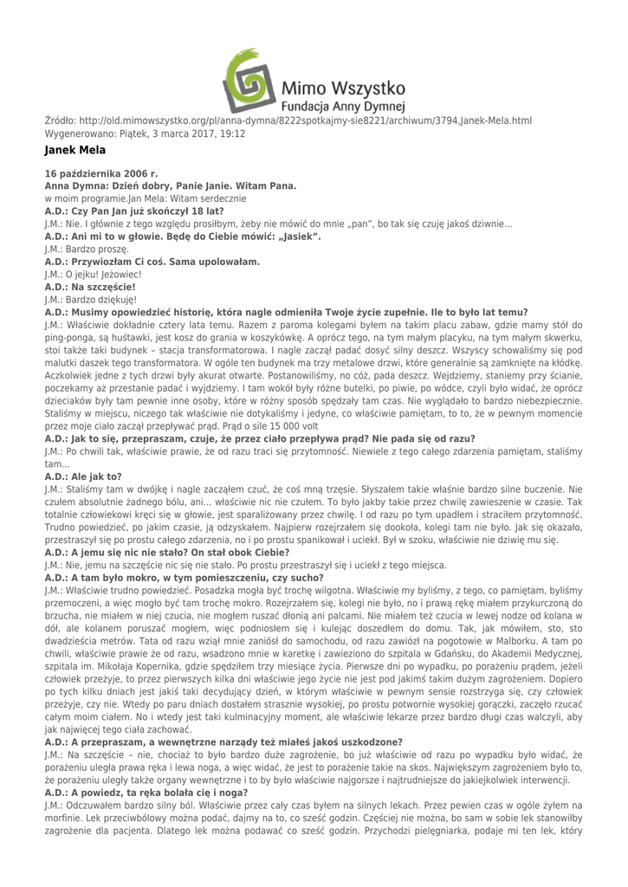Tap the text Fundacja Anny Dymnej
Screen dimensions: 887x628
coord(345,107)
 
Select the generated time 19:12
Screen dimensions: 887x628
coord(231,134)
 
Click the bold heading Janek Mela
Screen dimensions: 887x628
coord(74,151)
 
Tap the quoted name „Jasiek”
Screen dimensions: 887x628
coord(298,236)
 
